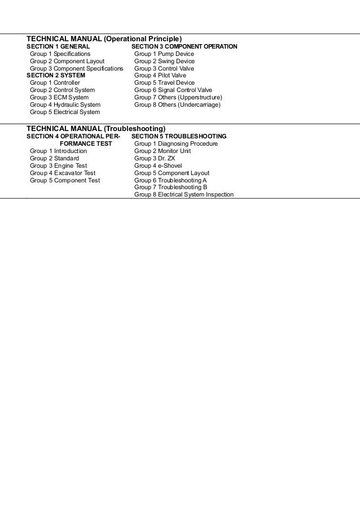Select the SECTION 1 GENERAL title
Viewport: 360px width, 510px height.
58,46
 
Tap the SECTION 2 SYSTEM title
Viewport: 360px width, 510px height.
56,75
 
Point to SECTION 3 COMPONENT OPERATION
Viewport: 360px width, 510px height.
184,46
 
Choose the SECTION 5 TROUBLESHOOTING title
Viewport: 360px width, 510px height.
179,137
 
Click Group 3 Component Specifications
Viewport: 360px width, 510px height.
76,68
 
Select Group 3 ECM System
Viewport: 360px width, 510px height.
59,97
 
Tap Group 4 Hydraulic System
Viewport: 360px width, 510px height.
65,104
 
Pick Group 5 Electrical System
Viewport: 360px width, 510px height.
64,112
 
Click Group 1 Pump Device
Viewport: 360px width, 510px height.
164,54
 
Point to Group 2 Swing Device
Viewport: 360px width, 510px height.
164,61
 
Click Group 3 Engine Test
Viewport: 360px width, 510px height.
59,166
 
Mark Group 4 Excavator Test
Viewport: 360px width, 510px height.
63,173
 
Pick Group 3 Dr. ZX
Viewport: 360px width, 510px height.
155,159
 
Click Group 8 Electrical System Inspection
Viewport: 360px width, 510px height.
184,195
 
